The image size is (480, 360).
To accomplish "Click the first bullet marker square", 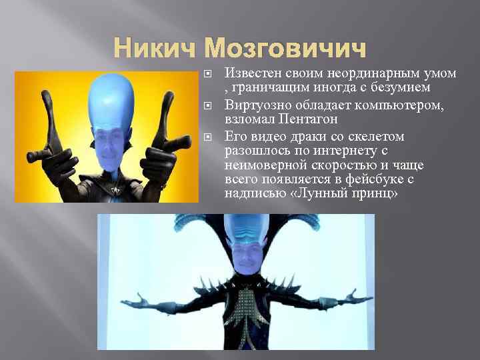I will point(209,73).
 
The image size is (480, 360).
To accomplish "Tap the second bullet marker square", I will point(209,105).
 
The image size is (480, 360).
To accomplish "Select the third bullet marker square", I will point(209,137).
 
